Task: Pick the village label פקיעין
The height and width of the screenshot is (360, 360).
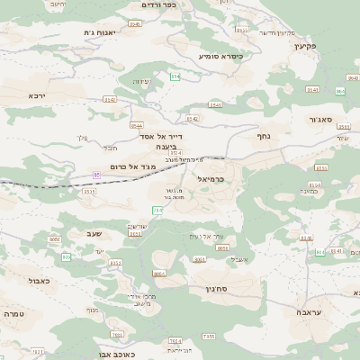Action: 305,45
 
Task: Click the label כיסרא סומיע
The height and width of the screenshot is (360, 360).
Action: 221,56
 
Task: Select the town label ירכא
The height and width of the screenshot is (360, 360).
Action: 36,94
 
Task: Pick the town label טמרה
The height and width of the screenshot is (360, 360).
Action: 13,314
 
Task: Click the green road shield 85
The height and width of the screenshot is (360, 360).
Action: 96,175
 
